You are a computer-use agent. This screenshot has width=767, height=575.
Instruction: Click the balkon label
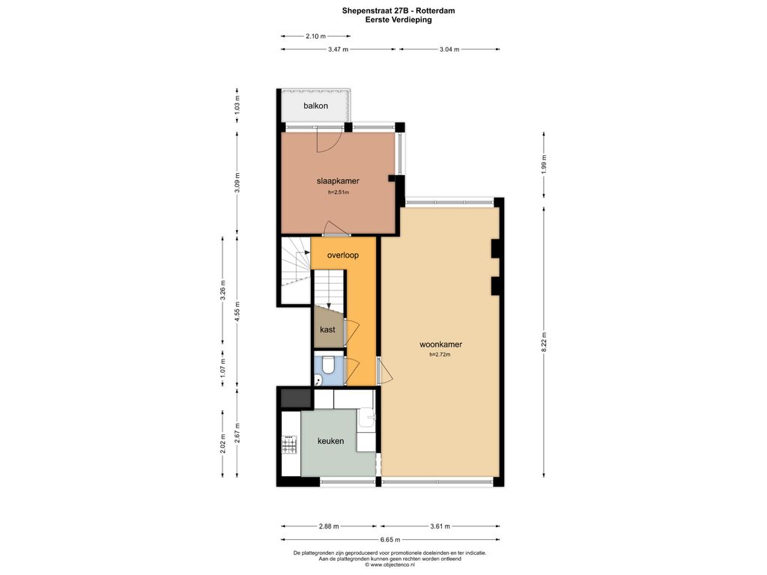[315, 106]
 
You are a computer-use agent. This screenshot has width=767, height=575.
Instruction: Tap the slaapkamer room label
[338, 181]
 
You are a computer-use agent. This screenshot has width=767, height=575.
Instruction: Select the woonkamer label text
[440, 344]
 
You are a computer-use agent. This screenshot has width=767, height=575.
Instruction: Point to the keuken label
[330, 441]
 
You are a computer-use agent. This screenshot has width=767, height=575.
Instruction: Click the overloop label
[343, 255]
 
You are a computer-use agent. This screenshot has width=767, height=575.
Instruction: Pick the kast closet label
[328, 329]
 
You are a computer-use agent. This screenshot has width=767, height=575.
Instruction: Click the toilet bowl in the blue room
[328, 365]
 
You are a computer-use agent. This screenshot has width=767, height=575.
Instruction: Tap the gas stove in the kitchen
[289, 445]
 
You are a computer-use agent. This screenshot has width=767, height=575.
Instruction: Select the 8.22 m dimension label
[544, 341]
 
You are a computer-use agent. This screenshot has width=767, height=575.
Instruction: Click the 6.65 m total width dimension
[390, 540]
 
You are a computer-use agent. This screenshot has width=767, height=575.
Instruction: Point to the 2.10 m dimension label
[315, 36]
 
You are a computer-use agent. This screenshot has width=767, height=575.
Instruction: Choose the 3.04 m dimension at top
[449, 49]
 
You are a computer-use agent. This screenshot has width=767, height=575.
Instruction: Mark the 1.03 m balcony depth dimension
[237, 105]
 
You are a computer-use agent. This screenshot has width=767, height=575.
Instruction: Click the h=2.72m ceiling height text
[440, 354]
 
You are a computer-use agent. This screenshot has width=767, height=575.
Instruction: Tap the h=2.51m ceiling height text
[339, 192]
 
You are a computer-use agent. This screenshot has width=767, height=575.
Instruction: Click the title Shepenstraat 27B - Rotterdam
[398, 10]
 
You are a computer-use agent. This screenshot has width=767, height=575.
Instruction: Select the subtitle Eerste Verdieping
[398, 20]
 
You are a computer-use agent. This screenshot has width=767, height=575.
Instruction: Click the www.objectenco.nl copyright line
[389, 565]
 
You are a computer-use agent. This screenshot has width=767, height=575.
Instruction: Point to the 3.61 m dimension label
[440, 526]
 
